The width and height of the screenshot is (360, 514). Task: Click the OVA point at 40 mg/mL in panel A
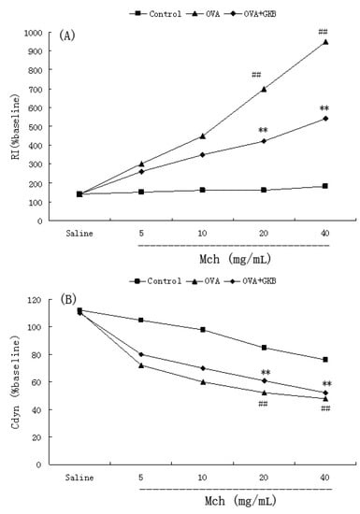324,42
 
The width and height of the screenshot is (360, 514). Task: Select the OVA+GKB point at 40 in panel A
324,119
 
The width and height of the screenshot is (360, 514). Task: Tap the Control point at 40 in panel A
324,186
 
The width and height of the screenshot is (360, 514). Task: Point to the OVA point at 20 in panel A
264,89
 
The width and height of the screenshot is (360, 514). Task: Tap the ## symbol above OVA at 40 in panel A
324,28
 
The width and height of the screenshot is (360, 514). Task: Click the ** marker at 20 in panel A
264,130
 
